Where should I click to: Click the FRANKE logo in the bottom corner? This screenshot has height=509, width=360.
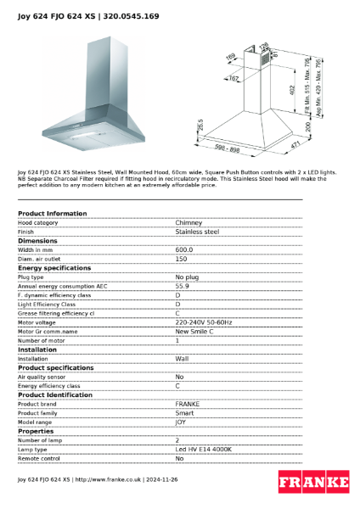coord(313,483)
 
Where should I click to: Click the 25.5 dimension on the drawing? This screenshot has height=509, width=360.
coord(200,125)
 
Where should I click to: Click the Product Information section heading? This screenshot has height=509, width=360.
coord(52,213)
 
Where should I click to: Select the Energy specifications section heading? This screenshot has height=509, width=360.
coord(54,267)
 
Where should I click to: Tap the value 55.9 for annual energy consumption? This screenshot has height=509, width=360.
coord(183,286)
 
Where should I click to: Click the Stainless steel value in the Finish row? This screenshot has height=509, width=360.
coord(197,231)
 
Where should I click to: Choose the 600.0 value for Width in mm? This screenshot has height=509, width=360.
coord(184,249)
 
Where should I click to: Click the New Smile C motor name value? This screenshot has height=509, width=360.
coord(194,331)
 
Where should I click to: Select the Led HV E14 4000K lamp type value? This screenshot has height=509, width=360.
coord(203,449)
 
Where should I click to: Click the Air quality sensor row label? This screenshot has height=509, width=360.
coord(42,377)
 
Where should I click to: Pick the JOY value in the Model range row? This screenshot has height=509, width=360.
coord(181,422)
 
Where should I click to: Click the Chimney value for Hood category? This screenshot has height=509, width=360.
coord(188,221)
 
